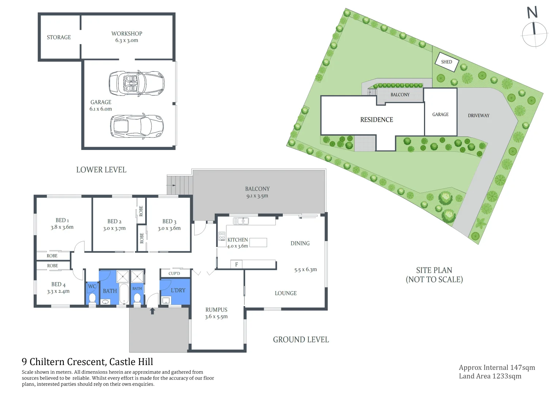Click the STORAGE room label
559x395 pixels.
(59, 37)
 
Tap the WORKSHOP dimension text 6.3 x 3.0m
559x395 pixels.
(127, 41)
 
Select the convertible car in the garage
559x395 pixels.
(136, 83)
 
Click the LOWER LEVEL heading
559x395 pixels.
(101, 170)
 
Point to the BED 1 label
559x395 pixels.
(62, 220)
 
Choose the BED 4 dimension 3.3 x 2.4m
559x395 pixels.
(58, 291)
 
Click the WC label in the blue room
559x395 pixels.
(92, 286)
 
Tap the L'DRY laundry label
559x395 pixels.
(178, 290)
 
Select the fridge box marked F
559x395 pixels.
(236, 264)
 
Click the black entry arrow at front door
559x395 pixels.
(153, 311)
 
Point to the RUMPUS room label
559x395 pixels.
(216, 310)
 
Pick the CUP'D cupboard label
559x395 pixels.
(174, 274)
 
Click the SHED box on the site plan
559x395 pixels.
(446, 62)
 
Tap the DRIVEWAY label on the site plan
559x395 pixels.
(479, 116)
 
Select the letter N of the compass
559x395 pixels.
(532, 12)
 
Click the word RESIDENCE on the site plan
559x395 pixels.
(376, 120)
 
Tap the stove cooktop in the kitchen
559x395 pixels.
(222, 236)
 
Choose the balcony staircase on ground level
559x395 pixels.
(180, 185)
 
